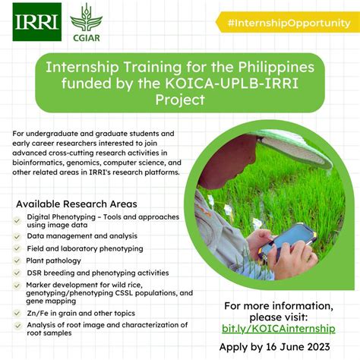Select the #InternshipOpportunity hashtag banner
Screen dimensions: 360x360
288,22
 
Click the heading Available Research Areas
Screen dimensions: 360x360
77,204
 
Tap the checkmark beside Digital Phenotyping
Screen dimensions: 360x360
17,217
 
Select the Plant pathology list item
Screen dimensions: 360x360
59,259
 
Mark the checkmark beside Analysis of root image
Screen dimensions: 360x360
17,326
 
